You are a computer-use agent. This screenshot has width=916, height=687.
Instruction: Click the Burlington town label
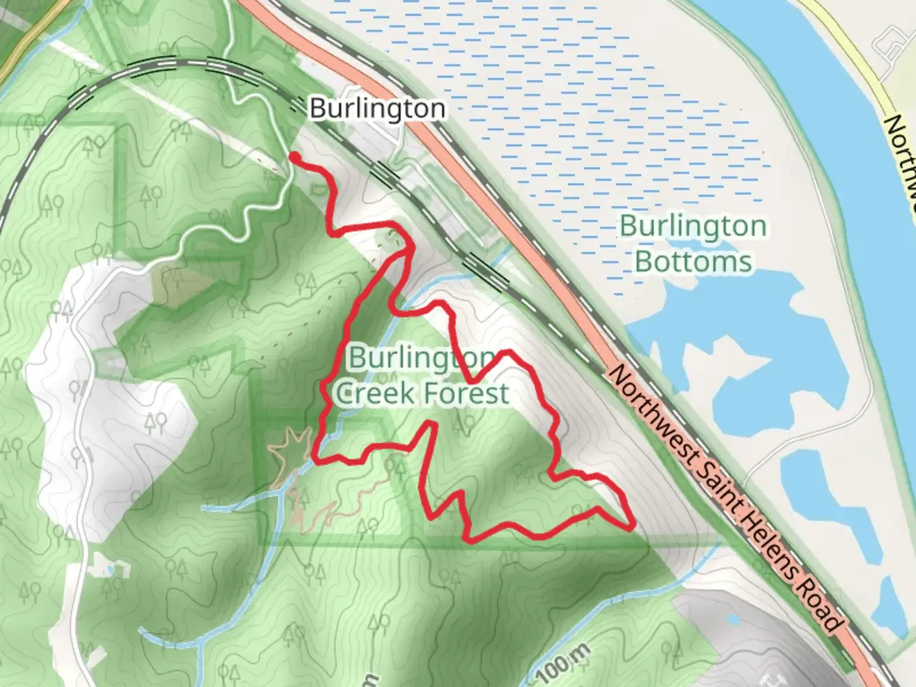(377, 108)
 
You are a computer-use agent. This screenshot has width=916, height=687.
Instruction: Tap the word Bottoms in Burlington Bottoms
(693, 261)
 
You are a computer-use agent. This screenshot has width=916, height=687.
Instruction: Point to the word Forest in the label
(466, 393)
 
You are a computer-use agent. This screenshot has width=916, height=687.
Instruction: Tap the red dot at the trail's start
(295, 156)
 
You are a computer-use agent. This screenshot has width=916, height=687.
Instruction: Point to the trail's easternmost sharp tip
(632, 526)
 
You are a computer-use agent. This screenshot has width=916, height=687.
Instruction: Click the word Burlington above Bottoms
(693, 226)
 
